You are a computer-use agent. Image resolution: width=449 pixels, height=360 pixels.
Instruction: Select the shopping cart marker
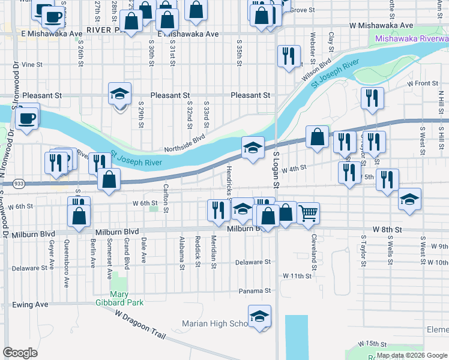pyautogui.click(x=308, y=213)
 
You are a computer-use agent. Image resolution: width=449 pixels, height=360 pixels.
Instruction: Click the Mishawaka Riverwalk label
pyautogui.click(x=411, y=39)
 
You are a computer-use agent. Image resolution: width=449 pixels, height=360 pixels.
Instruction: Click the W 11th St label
pyautogui.click(x=298, y=276)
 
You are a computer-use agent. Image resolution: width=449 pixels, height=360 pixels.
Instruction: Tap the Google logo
pyautogui.click(x=20, y=353)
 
